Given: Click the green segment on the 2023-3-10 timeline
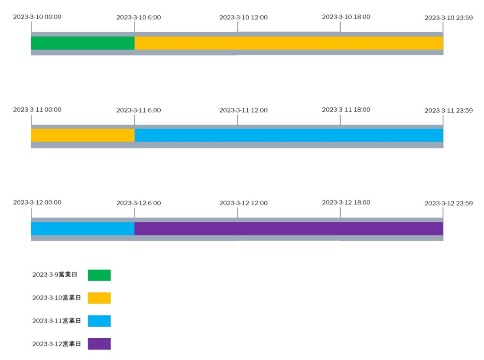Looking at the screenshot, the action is (83, 43).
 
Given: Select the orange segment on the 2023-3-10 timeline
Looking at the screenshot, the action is (289, 43).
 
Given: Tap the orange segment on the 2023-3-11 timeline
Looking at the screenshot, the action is (83, 135).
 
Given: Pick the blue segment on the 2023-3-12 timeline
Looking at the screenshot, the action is (83, 228).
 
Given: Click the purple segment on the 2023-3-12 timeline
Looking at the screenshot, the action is (289, 228).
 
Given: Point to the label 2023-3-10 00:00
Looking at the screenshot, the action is (37, 17).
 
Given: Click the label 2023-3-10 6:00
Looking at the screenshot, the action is (138, 18).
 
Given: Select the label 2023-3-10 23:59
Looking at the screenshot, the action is (449, 18).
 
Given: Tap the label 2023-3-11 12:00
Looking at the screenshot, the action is (243, 110).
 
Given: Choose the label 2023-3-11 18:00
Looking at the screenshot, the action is (346, 109).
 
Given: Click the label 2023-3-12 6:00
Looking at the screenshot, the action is (138, 203).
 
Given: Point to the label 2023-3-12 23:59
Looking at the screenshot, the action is (449, 203).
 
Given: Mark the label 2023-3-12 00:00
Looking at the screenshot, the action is (37, 202).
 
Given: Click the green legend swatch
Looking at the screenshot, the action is (99, 275).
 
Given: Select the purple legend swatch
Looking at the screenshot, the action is (99, 343).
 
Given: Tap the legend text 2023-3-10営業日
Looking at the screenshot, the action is (57, 298).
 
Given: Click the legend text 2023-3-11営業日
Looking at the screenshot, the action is (57, 321).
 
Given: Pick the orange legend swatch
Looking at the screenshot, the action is (99, 298).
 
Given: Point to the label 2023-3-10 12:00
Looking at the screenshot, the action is (243, 18).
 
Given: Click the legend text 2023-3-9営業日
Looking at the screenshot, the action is (55, 274).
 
